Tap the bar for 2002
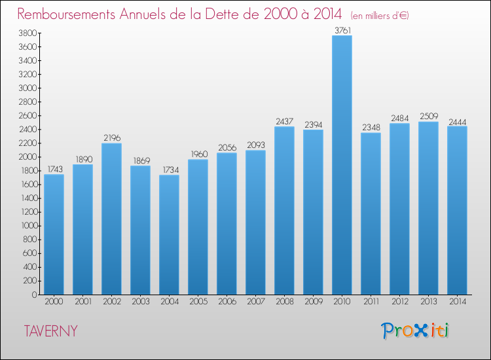pyautogui.click(x=111, y=219)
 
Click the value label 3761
pyautogui.click(x=342, y=29)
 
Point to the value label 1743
pyautogui.click(x=54, y=169)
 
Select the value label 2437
pyautogui.click(x=284, y=121)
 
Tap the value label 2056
pyautogui.click(x=227, y=147)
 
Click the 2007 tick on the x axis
pyautogui.click(x=255, y=302)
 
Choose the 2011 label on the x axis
pyautogui.click(x=371, y=302)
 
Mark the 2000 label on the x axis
pyautogui.click(x=54, y=302)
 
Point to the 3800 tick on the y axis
pyautogui.click(x=27, y=33)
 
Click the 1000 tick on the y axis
pyautogui.click(x=27, y=226)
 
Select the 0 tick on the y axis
pyautogui.click(x=33, y=295)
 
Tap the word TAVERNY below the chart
pyautogui.click(x=50, y=331)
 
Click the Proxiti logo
pyautogui.click(x=414, y=331)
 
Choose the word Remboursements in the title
pyautogui.click(x=66, y=14)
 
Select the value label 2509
pyautogui.click(x=428, y=116)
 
